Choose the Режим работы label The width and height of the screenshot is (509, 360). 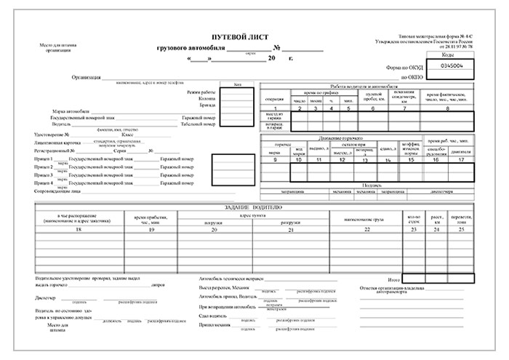pos(202,92)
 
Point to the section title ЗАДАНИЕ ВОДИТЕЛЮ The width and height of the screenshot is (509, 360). pos(252,208)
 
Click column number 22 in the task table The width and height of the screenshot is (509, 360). pos(366,230)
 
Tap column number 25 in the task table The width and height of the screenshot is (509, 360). pos(462,230)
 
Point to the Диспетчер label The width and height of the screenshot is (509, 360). pos(47,297)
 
